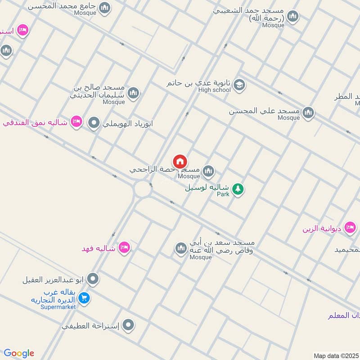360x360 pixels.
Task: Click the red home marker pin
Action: tap(180, 162)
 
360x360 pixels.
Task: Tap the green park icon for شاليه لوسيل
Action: tap(238, 189)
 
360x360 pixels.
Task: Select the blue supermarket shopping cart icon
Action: tap(83, 297)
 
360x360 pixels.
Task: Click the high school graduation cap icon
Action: tap(239, 85)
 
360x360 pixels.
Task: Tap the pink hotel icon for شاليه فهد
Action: tap(125, 247)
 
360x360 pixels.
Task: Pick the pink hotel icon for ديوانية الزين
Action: tap(350, 228)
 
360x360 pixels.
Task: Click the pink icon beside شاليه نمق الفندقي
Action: tap(76, 121)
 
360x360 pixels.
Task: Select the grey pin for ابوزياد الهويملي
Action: tap(94, 122)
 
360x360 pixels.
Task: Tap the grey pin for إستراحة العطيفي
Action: tap(129, 324)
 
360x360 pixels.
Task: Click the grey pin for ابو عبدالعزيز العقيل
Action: tap(93, 279)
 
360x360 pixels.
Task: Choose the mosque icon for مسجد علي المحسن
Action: tap(308, 112)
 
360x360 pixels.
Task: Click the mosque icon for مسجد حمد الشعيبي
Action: tap(293, 17)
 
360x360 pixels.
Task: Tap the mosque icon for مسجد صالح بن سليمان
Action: tap(133, 94)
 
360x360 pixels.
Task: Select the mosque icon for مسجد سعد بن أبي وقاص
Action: tap(181, 248)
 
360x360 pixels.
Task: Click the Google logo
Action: tap(19, 353)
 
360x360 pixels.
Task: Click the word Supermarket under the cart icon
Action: tap(58, 307)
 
